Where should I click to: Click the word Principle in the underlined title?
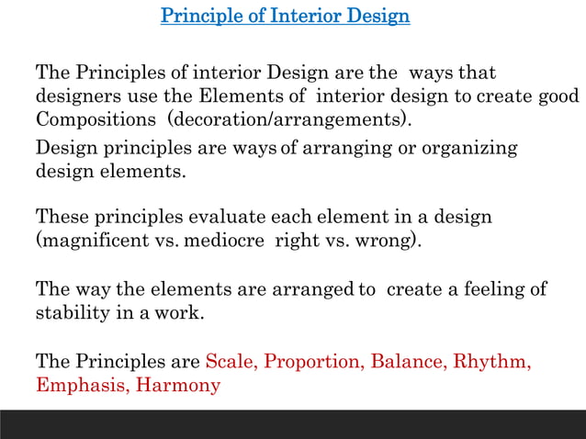point(196,17)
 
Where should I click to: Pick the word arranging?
point(346,148)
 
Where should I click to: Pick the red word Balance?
point(409,361)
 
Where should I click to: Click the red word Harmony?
point(178,385)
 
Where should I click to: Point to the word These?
point(62,218)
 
